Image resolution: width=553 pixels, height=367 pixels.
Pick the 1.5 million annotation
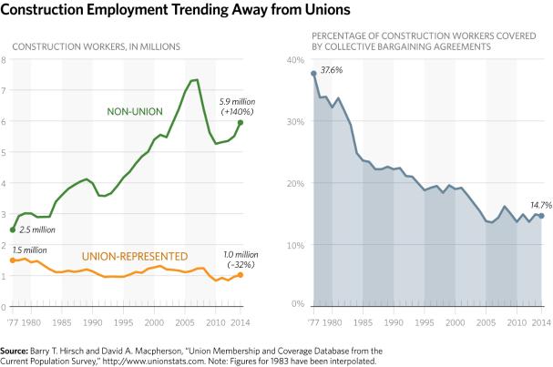(28, 249)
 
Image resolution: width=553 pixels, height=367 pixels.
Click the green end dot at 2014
(241, 122)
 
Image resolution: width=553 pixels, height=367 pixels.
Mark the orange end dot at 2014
(241, 274)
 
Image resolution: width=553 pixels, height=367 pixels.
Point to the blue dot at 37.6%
(313, 74)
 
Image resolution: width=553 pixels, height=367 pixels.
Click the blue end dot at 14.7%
(541, 216)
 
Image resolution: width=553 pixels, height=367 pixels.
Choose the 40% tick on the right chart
(294, 60)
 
